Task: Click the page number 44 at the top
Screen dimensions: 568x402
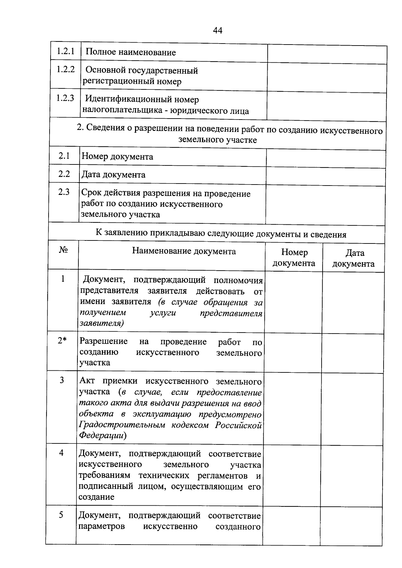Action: point(217,30)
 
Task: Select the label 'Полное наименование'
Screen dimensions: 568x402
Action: point(131,52)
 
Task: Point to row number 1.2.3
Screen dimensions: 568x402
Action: point(65,98)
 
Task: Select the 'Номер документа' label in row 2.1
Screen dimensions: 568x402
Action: point(117,156)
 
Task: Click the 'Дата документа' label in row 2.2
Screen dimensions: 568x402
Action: point(113,174)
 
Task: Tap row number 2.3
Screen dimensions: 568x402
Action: point(64,192)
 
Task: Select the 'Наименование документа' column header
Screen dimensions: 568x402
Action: point(184,251)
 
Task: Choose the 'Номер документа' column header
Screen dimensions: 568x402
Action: point(294,258)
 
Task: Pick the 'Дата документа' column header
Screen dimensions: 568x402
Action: point(354,258)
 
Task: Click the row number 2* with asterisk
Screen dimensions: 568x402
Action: point(62,341)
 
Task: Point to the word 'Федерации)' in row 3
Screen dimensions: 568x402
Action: point(103,435)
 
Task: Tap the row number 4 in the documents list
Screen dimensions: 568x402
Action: point(61,453)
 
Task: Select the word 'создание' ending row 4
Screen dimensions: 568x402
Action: point(96,497)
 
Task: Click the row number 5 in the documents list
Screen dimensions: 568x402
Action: point(61,515)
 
